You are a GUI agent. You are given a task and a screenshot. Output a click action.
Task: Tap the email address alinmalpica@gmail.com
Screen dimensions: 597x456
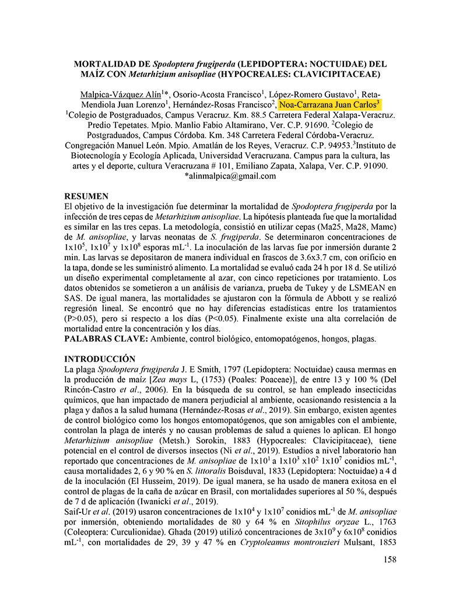pos(230,177)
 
